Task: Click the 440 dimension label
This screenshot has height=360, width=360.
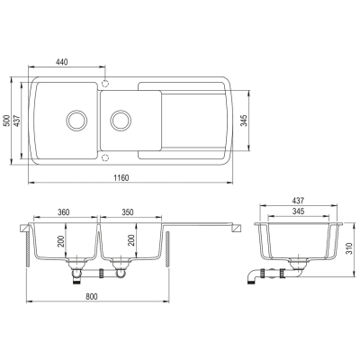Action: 62,62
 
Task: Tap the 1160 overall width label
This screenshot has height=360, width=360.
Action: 121,178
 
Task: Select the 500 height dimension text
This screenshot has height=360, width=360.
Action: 7,120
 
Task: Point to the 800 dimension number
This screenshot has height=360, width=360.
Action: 92,297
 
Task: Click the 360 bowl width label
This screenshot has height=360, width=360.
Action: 63,212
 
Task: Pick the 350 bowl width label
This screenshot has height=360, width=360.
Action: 128,212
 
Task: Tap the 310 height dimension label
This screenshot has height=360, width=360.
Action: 349,249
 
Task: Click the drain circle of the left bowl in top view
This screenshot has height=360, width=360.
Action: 76,121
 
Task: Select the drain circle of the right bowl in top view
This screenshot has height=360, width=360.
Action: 121,121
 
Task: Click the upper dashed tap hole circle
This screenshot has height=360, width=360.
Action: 105,83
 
